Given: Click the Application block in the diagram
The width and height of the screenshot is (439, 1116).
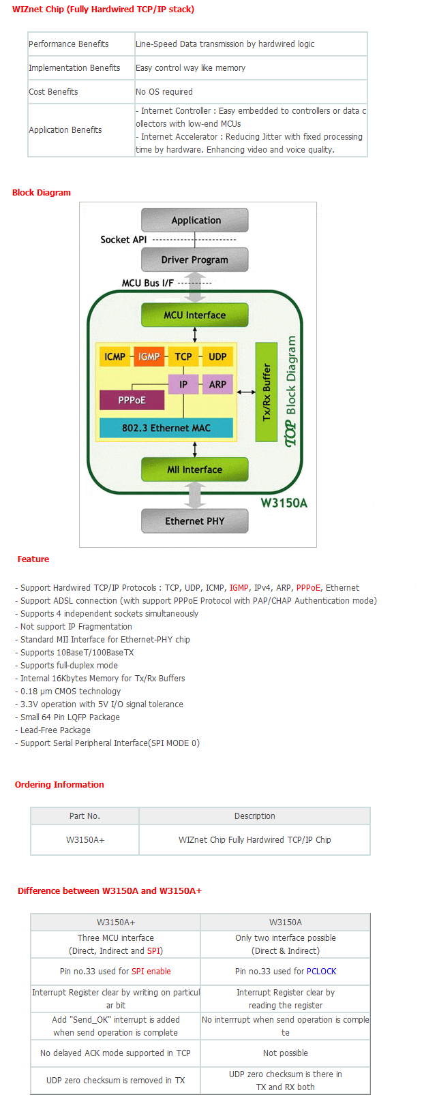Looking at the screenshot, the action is [x=194, y=219].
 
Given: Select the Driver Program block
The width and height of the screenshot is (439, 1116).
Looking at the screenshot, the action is [x=194, y=260].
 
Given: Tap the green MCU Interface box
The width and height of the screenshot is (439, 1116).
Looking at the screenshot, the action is [x=194, y=315].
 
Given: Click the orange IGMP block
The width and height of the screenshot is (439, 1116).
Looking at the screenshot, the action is [x=149, y=356].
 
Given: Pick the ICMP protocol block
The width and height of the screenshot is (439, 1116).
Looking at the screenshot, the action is [x=115, y=356].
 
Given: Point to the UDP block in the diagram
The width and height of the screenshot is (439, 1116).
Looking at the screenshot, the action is [x=217, y=356].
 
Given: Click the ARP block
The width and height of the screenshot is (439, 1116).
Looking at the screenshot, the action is [x=217, y=384].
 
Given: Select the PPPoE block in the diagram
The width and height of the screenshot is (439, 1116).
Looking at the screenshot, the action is [x=132, y=400].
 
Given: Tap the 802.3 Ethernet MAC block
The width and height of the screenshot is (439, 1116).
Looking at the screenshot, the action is [x=166, y=428].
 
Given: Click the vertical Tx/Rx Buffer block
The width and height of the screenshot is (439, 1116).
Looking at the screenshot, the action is [x=266, y=392].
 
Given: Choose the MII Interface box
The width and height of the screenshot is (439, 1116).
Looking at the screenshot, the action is [x=194, y=469].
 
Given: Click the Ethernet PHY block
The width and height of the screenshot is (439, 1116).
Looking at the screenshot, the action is [x=194, y=521].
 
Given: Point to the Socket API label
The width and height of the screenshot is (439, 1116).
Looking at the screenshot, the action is [x=123, y=240].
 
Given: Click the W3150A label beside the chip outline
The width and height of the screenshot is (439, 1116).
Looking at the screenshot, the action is [x=284, y=503].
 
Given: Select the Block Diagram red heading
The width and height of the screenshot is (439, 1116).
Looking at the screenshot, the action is [x=42, y=192].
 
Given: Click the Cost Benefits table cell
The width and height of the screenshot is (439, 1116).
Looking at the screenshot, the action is [x=81, y=92].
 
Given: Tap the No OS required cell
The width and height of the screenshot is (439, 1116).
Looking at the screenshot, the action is [x=251, y=92].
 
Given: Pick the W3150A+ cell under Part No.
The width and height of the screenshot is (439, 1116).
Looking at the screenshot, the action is [x=85, y=840].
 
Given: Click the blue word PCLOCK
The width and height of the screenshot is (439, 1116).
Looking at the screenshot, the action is [x=321, y=971].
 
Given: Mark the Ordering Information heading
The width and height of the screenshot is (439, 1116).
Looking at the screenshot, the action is [x=59, y=784].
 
